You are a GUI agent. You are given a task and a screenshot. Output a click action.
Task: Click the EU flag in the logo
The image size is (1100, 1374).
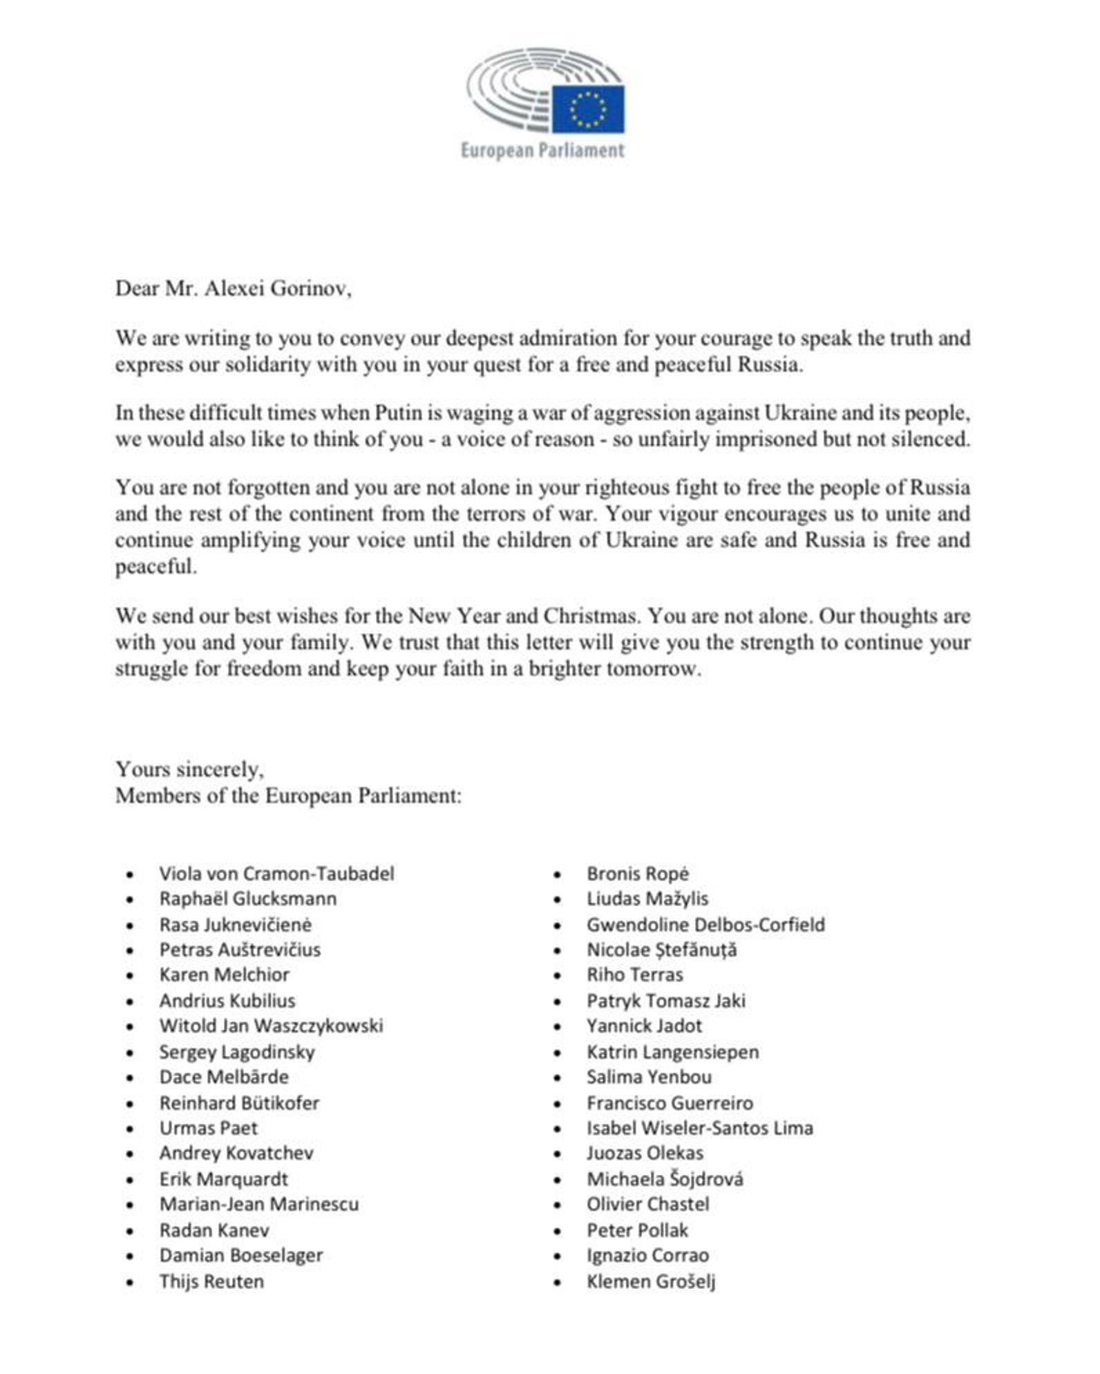point(587,109)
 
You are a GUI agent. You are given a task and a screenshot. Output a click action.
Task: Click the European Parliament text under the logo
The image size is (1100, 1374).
point(542,150)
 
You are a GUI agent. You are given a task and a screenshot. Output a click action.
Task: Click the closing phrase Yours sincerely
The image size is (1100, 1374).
point(189,769)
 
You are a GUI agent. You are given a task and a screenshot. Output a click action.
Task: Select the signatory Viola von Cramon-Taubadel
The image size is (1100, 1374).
point(276,874)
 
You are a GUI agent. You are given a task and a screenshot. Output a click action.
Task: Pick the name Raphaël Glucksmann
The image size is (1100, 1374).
point(248,898)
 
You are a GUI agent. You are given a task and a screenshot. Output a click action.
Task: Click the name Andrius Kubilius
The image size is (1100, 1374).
point(227,1001)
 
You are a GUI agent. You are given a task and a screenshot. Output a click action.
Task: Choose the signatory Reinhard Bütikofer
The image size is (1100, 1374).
point(239,1102)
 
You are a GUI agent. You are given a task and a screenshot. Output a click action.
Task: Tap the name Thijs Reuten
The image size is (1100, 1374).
point(211,1281)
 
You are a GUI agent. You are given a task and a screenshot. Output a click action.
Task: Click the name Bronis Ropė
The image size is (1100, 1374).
point(638,874)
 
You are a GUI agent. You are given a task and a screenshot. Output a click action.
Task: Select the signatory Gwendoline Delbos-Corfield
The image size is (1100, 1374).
point(705,925)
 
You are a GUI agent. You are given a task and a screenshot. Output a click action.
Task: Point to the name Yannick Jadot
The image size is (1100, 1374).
point(644,1026)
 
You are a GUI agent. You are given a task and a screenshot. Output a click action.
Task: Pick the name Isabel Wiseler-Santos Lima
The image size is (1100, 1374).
point(700,1128)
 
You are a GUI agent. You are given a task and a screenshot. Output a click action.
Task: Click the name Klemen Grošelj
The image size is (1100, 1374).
point(651,1281)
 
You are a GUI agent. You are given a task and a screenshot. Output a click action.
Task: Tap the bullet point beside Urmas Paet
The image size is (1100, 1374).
point(130,1129)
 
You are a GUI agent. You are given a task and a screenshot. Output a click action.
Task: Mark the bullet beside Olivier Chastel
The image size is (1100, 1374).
point(558,1205)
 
